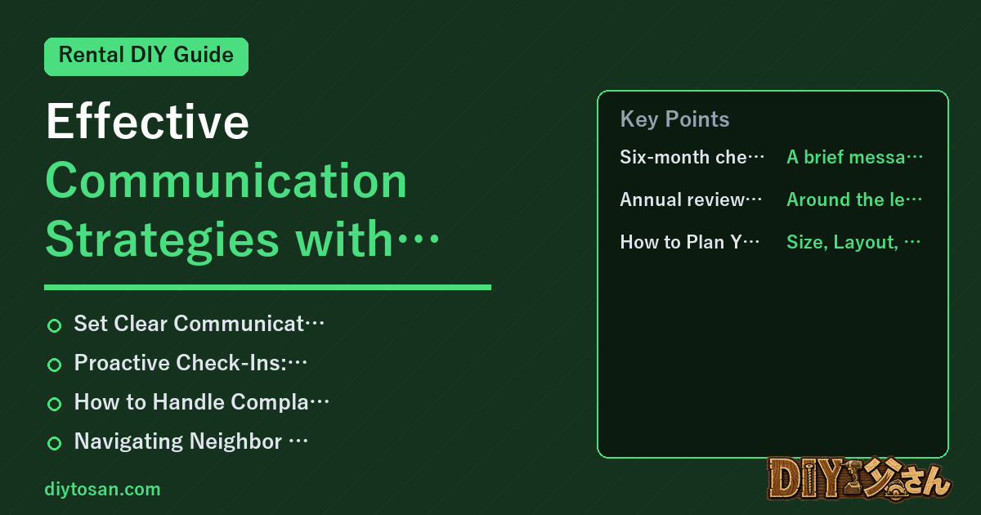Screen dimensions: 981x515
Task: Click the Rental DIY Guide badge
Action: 146,56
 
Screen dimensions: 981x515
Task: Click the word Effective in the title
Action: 148,121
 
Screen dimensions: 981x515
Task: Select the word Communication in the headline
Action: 226,181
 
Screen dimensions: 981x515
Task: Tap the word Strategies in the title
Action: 163,240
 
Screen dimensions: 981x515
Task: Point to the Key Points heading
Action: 674,119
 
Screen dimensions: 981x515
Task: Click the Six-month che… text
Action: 692,157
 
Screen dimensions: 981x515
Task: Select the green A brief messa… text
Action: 854,157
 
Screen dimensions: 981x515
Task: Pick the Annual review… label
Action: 691,199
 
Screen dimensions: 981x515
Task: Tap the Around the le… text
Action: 854,199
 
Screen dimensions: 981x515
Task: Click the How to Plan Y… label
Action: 690,242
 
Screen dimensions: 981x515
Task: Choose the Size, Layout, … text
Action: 853,242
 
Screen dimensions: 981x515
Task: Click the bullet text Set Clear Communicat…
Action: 199,324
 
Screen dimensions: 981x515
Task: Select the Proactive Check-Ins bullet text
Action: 190,363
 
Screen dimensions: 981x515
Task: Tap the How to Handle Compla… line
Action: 201,402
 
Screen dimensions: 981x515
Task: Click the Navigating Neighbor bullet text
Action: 191,441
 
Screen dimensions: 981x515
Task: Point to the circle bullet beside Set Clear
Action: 54,325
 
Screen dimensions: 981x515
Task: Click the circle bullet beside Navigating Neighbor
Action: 54,443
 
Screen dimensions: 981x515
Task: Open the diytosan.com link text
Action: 102,489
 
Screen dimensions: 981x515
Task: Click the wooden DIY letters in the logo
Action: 806,480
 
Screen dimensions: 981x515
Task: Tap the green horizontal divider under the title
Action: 267,287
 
